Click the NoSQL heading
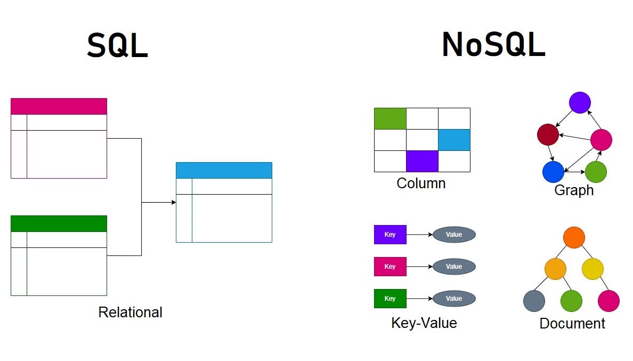point(493,45)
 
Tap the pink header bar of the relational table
point(59,106)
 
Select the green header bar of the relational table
point(59,223)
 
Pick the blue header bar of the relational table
point(224,170)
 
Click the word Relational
point(130,312)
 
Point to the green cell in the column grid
point(390,118)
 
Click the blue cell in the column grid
point(454,140)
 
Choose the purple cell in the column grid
point(422,161)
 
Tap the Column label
point(421,183)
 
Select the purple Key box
point(390,235)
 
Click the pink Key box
point(390,267)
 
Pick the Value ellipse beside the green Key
point(454,299)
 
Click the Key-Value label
point(424,323)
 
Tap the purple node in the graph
point(580,102)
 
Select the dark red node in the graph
point(548,134)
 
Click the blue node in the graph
point(553,172)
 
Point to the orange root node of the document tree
point(574,237)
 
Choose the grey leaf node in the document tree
point(534,301)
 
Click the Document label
point(572,323)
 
